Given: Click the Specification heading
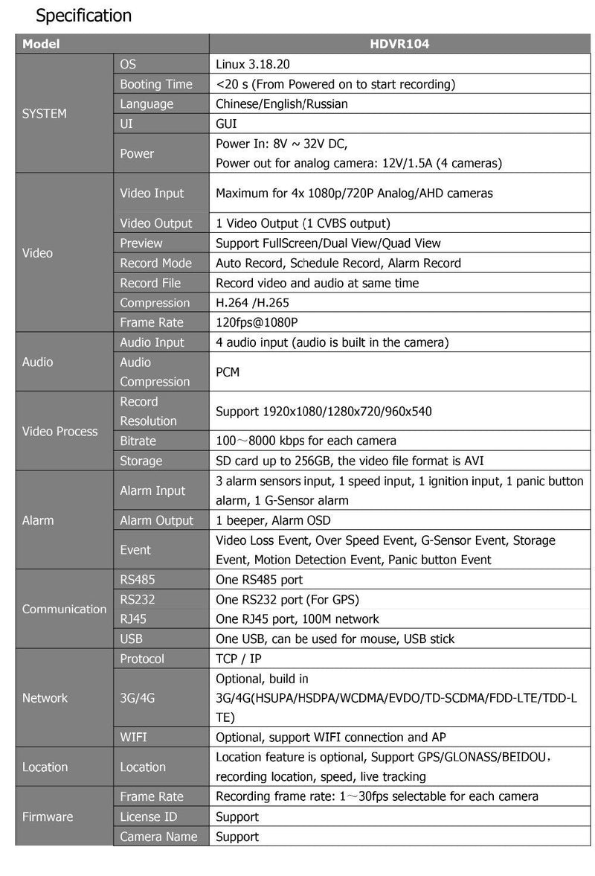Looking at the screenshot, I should (83, 15).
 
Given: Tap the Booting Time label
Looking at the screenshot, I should (156, 84).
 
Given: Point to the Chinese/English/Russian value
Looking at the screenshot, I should (281, 104).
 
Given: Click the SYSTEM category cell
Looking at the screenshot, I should (45, 114).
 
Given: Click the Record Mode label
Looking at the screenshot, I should (155, 263).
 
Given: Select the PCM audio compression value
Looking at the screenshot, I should (228, 371).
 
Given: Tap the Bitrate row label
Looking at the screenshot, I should (138, 441).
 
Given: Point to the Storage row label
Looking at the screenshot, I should (141, 461).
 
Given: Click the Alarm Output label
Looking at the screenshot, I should (156, 520).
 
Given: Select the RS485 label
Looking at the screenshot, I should (138, 579).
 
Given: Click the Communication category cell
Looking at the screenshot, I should (64, 609).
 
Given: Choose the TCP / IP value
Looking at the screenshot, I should (238, 659).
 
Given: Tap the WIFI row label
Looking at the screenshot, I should (134, 738).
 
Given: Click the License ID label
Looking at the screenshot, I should (149, 816).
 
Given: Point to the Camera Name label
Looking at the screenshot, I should (158, 837).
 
